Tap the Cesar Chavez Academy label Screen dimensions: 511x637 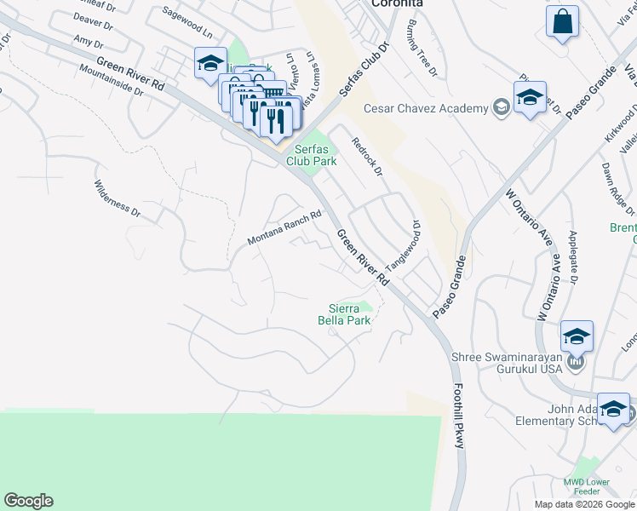click(x=426, y=108)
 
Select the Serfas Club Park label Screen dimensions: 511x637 click(x=311, y=153)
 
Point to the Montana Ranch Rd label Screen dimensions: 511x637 click(x=284, y=228)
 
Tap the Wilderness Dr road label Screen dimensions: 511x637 click(x=117, y=197)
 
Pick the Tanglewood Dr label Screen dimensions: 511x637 click(x=405, y=244)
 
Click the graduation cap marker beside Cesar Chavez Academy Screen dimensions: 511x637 click(x=529, y=97)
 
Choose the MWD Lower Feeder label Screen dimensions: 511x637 click(x=587, y=488)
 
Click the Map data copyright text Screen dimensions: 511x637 click(x=583, y=504)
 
